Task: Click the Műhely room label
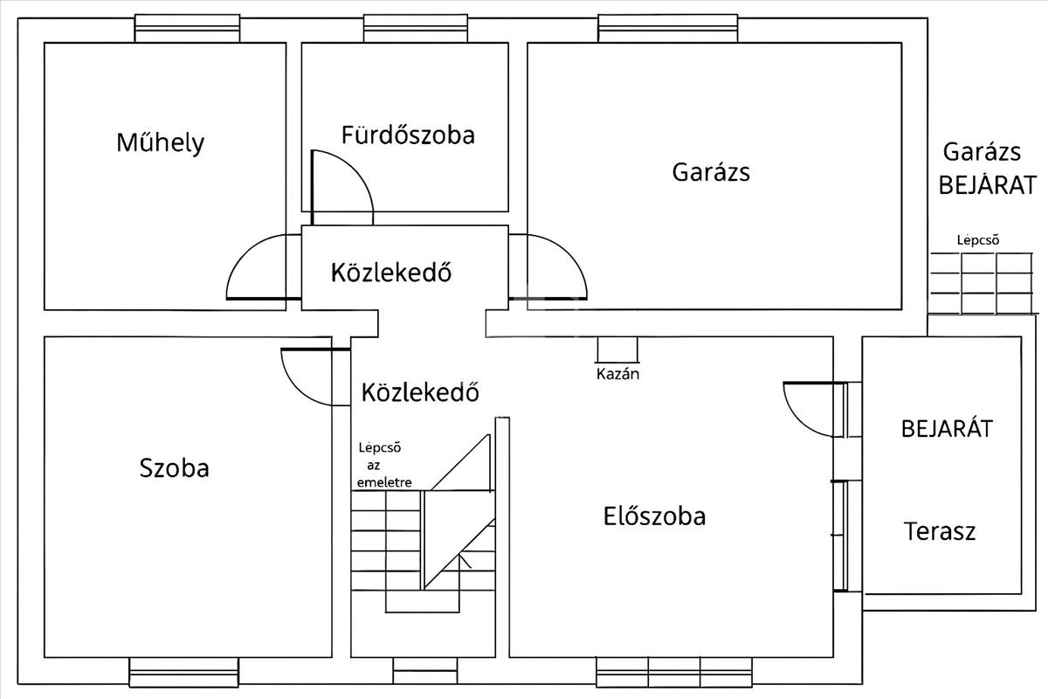pyautogui.click(x=161, y=143)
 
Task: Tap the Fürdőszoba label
pyautogui.click(x=408, y=135)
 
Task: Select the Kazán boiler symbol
pyautogui.click(x=617, y=349)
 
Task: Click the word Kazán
pyautogui.click(x=617, y=374)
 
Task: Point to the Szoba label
pyautogui.click(x=174, y=467)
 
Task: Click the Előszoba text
pyautogui.click(x=654, y=516)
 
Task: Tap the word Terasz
pyautogui.click(x=940, y=531)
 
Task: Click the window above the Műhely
pyautogui.click(x=187, y=29)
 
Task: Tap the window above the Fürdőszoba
pyautogui.click(x=416, y=29)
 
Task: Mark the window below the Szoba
pyautogui.click(x=184, y=672)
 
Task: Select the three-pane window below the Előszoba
pyautogui.click(x=674, y=672)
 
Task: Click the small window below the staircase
pyautogui.click(x=424, y=671)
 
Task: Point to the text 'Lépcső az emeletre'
pyautogui.click(x=383, y=465)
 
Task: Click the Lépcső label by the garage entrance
pyautogui.click(x=978, y=239)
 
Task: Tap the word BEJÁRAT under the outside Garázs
pyautogui.click(x=988, y=185)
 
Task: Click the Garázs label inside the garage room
pyautogui.click(x=711, y=172)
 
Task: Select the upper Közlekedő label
pyautogui.click(x=391, y=272)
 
